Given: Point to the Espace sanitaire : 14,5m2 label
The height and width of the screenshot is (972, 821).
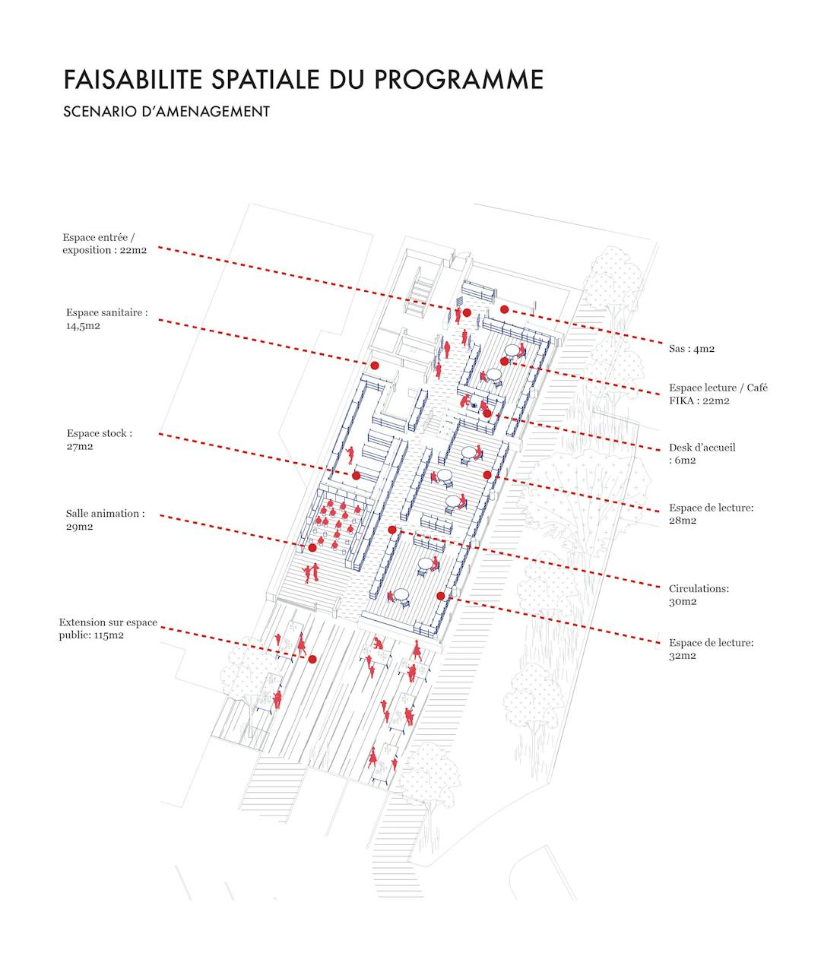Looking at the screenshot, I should pos(106,318).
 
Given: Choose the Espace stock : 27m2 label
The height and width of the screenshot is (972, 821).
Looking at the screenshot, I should pos(99,439).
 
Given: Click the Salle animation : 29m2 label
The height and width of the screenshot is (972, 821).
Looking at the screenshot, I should pos(105,520).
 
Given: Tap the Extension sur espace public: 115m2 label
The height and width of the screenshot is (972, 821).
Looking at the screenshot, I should pos(108,628).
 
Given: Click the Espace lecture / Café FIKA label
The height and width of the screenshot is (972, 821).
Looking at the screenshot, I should pos(718,394).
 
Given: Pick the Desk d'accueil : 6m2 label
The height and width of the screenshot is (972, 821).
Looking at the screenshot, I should pos(702,454).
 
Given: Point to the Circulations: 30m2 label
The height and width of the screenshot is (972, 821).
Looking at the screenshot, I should pos(699,594).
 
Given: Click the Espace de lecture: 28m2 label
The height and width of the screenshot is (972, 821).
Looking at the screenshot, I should pos(711,514).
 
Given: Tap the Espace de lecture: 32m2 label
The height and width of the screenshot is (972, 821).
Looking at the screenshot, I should pos(711,649).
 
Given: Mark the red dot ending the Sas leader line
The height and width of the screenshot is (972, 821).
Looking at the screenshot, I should pos(504,309).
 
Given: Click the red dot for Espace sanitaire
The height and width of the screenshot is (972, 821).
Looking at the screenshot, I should pos(375,366).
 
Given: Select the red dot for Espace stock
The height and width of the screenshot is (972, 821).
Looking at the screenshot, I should pos(356,476).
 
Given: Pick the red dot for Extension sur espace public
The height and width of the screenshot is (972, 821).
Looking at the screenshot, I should pos(312,660).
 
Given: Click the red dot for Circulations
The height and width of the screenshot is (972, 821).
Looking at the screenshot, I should pos(392,530).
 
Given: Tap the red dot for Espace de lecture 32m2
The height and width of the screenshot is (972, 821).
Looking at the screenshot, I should pos(440,596).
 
